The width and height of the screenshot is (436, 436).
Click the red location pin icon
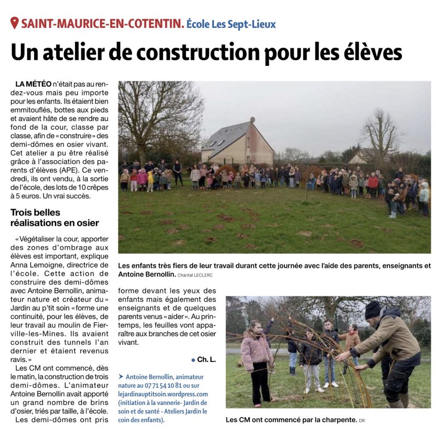tap(14, 23)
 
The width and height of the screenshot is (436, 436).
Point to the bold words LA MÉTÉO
tap(33, 84)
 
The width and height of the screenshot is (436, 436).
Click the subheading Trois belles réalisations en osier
tap(55, 217)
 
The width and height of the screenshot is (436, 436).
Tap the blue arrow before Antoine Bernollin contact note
tap(121, 376)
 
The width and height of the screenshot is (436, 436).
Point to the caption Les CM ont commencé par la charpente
tap(291, 420)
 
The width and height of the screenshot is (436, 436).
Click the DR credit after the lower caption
tap(362, 421)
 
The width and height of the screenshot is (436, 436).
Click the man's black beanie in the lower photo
tap(373, 310)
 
